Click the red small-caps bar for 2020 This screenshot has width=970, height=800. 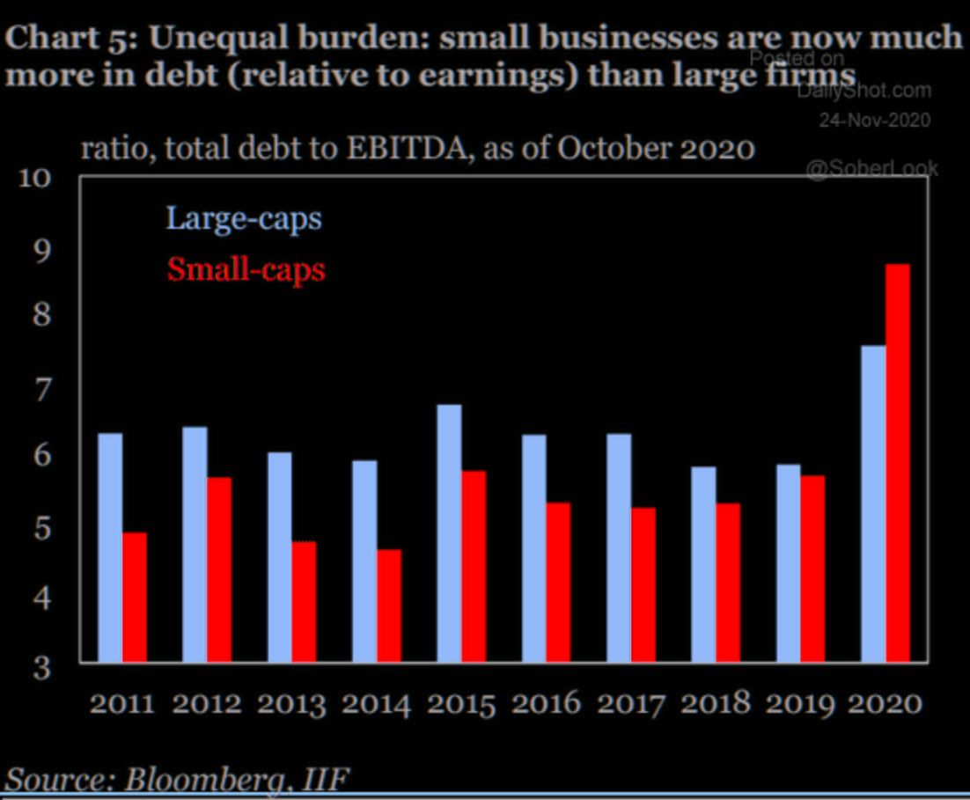pyautogui.click(x=898, y=463)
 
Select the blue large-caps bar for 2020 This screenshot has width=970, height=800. pyautogui.click(x=872, y=503)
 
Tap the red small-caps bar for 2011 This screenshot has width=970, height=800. pyautogui.click(x=135, y=597)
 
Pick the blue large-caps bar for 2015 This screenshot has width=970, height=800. pyautogui.click(x=449, y=533)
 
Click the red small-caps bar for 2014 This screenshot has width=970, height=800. pyautogui.click(x=389, y=606)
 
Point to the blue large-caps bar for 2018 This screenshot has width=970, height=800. pyautogui.click(x=703, y=564)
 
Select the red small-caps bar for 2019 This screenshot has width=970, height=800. pyautogui.click(x=813, y=569)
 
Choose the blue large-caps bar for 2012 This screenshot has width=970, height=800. pyautogui.click(x=195, y=544)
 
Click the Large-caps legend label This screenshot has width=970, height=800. pyautogui.click(x=244, y=217)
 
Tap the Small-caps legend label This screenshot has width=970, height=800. pyautogui.click(x=246, y=269)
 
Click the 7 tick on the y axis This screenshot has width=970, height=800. pyautogui.click(x=42, y=386)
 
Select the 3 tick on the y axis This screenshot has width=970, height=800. pyautogui.click(x=42, y=666)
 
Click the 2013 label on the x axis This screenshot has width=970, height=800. pyautogui.click(x=292, y=704)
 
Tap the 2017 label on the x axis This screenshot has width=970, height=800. pyautogui.click(x=631, y=704)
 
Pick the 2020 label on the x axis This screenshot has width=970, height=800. pyautogui.click(x=885, y=704)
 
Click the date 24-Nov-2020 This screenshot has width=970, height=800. pyautogui.click(x=874, y=121)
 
